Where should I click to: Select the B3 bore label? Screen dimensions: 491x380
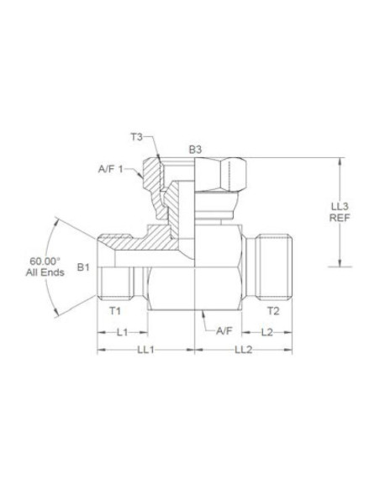195,150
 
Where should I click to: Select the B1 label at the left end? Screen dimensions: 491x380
82,267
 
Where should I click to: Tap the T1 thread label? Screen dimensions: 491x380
117,311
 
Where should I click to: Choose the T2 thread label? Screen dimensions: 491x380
273,311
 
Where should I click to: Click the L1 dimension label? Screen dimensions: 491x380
122,332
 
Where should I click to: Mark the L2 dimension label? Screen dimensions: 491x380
267,332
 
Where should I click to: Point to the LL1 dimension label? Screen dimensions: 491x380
145,348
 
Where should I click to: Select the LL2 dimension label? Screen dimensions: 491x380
244,348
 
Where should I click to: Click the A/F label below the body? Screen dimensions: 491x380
224,332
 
